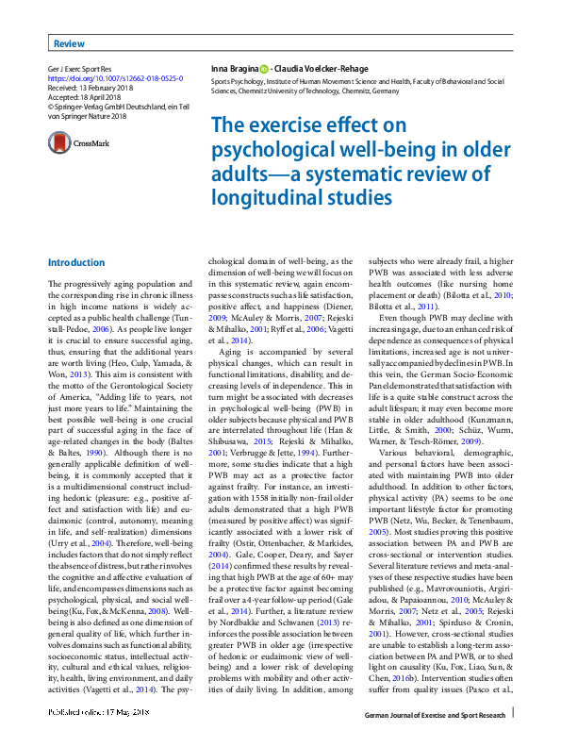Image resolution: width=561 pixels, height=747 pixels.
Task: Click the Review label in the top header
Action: pyautogui.click(x=69, y=44)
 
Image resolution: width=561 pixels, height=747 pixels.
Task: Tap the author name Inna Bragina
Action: pyautogui.click(x=233, y=70)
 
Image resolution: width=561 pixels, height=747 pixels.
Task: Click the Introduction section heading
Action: pyautogui.click(x=76, y=262)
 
